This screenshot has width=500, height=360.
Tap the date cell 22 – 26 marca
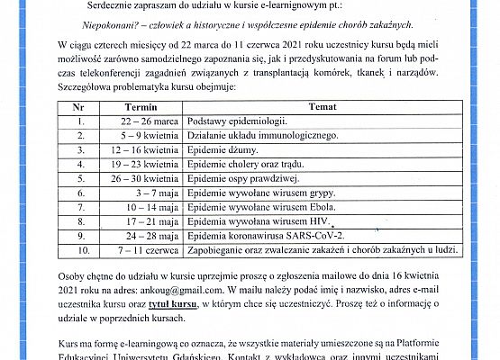(148, 120)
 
